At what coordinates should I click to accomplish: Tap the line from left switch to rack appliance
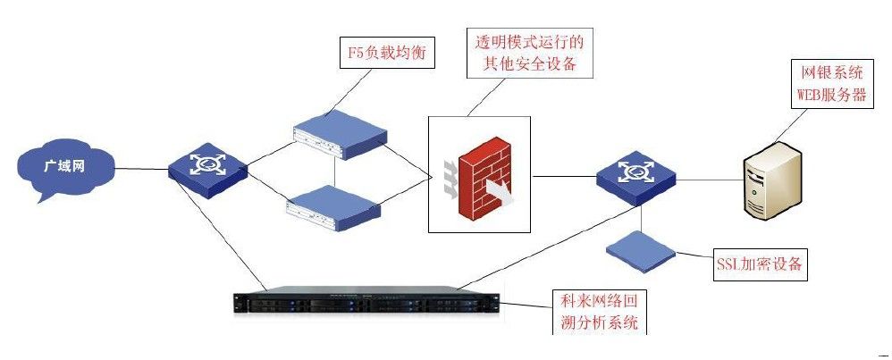point(237,241)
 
